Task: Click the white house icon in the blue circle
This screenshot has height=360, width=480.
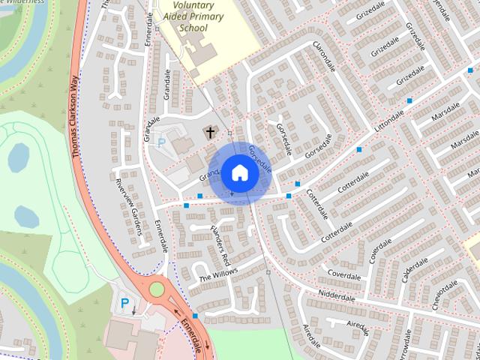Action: [239, 172]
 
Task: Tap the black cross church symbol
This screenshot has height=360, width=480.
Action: [210, 133]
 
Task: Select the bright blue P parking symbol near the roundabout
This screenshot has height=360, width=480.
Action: [124, 304]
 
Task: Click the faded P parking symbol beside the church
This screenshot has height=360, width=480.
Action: [160, 142]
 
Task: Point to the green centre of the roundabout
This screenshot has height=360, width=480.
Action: [157, 289]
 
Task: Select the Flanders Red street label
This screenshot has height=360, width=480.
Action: [219, 245]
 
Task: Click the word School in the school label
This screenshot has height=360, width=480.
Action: [193, 28]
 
